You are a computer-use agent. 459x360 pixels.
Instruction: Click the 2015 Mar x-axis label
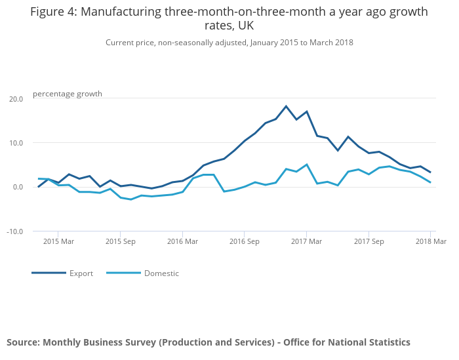click(58, 242)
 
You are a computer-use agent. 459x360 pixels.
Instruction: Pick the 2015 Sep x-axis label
click(120, 242)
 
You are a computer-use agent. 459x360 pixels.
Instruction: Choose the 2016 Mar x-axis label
click(182, 242)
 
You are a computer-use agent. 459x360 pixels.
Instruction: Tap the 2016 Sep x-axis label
click(244, 242)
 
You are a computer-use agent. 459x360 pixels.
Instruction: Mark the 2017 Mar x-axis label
click(306, 242)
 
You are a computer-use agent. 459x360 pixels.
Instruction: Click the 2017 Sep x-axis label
click(369, 242)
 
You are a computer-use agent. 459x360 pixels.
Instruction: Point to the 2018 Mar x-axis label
click(430, 242)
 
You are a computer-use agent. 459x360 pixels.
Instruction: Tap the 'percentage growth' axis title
click(68, 94)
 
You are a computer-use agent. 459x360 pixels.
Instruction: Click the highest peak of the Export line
click(286, 106)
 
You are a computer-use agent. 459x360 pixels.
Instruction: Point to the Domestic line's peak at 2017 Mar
click(306, 165)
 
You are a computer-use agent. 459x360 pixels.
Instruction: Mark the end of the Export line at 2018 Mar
click(430, 172)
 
